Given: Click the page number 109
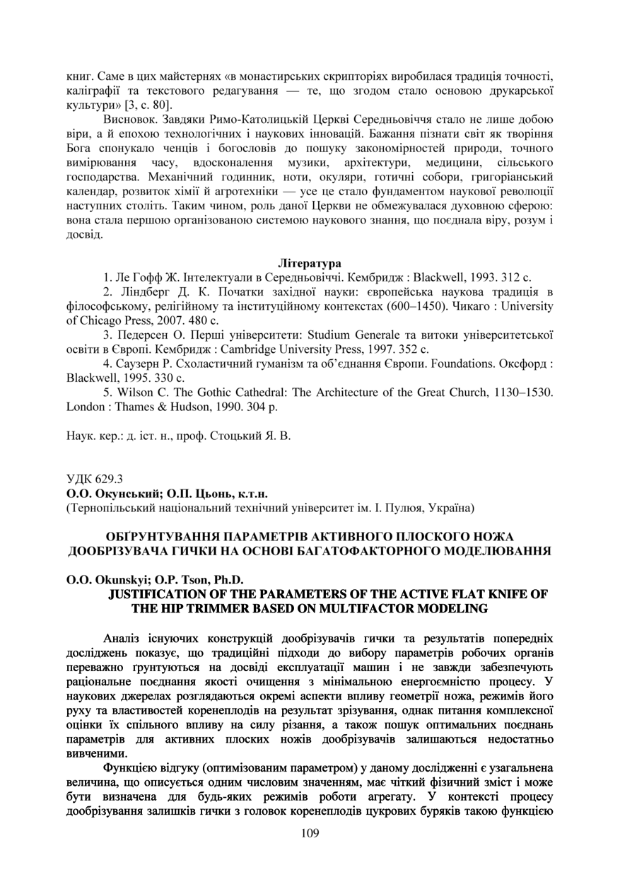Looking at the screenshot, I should [x=310, y=833].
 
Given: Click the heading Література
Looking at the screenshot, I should [x=310, y=265].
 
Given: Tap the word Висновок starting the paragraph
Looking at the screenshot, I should [x=129, y=120].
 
